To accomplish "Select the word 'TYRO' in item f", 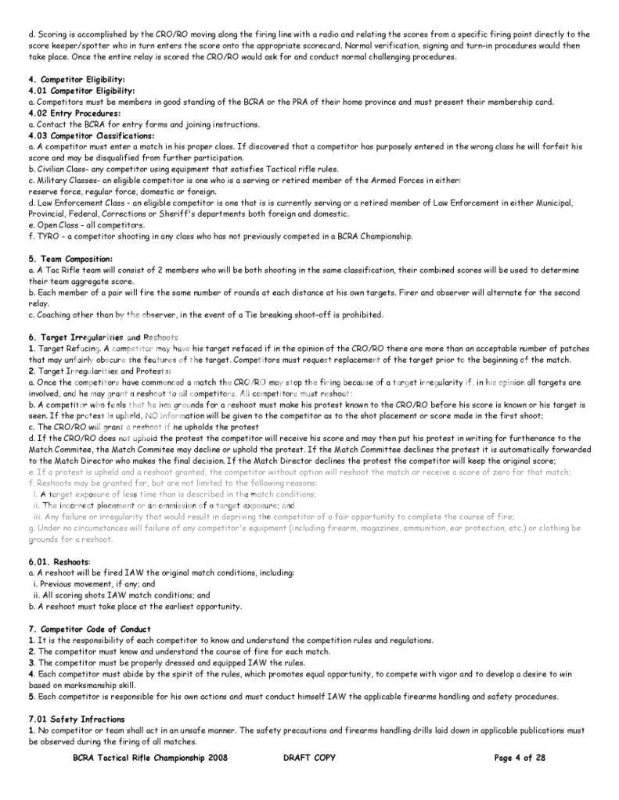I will click(x=45, y=236).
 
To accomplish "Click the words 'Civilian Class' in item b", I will click(x=59, y=169).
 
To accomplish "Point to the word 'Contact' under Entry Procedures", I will click(x=47, y=124).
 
